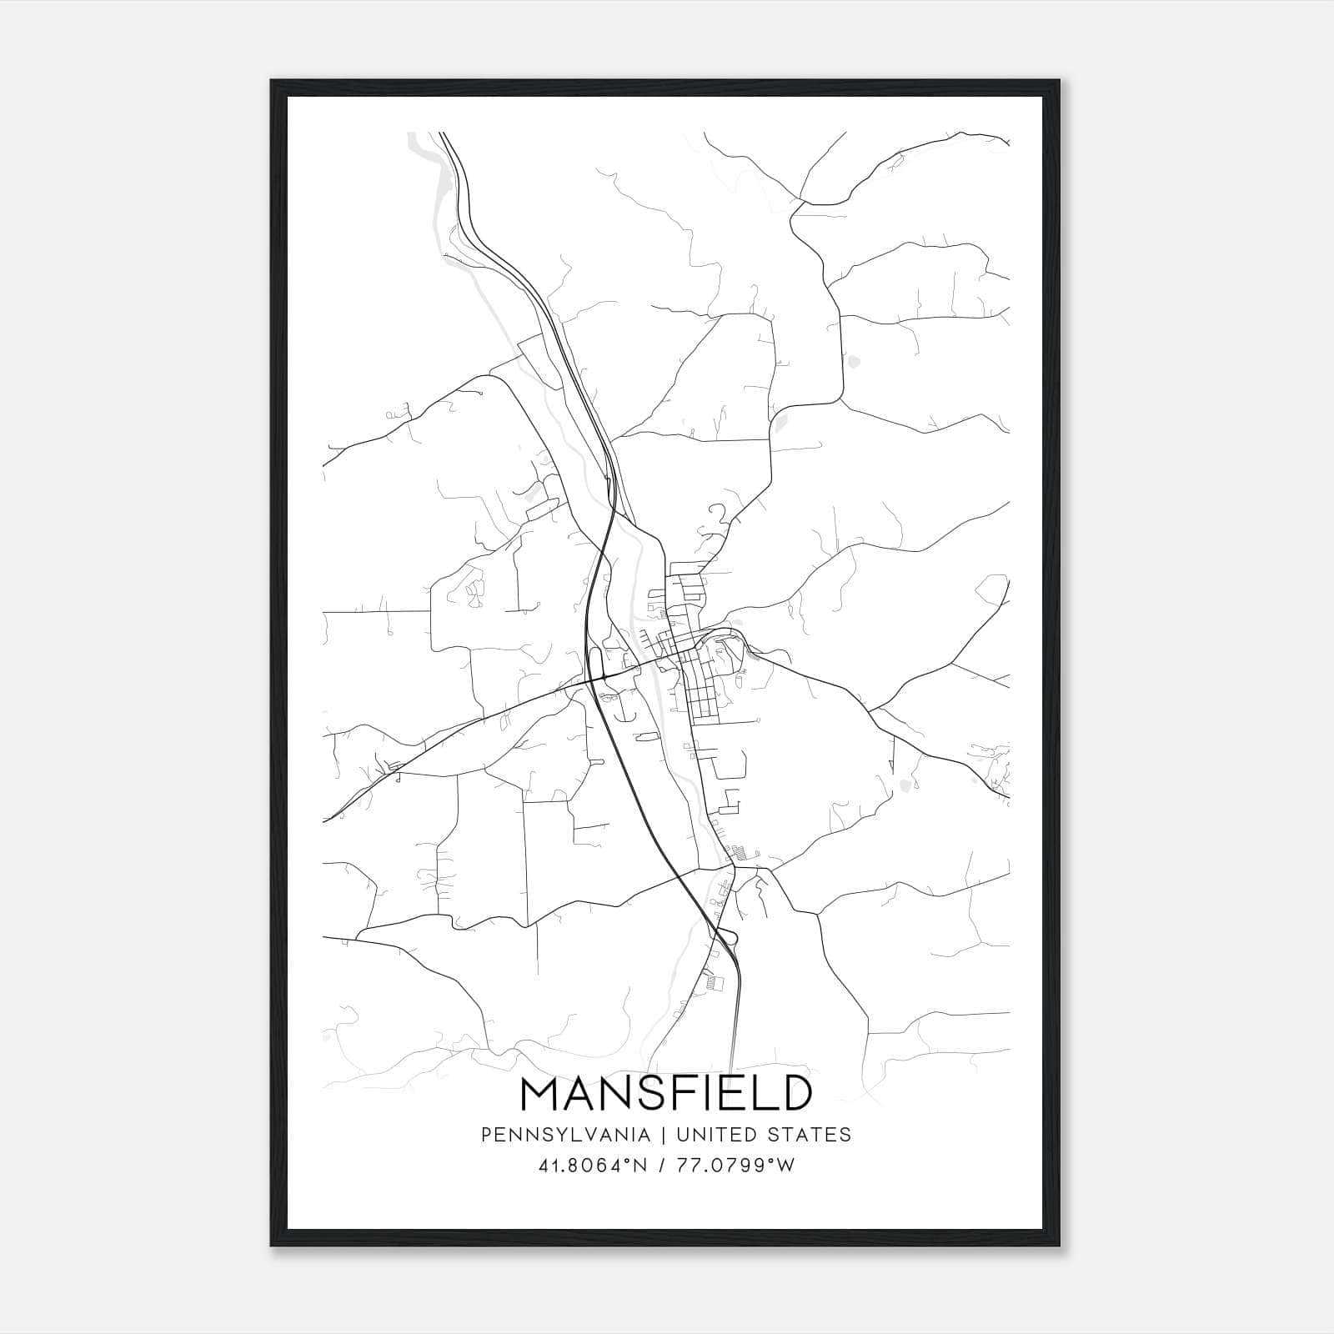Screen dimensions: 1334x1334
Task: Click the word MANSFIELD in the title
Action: pos(665,1094)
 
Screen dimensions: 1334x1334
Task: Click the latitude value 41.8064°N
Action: pos(593,1166)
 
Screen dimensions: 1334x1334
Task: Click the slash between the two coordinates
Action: pos(663,1166)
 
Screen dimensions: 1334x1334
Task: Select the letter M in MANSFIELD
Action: pos(539,1094)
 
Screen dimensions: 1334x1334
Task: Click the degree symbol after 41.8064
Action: pos(629,1161)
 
